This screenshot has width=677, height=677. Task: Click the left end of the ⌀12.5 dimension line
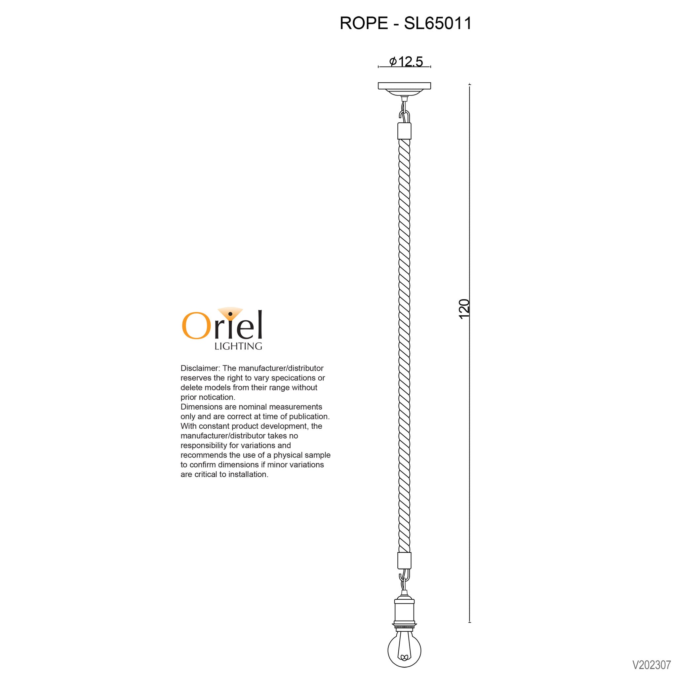pos(378,66)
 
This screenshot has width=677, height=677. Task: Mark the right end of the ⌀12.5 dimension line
pos(430,66)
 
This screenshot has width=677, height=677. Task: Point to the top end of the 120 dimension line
pos(469,84)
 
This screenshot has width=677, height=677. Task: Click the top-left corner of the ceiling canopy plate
pos(378,83)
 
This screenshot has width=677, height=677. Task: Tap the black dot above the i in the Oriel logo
pos(230,314)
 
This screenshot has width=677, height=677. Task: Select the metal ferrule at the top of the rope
pos(404,131)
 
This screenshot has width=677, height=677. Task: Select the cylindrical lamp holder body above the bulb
pos(404,609)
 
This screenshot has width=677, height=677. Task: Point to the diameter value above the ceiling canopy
pos(407,61)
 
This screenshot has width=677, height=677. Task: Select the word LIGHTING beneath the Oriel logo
pos(238,346)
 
